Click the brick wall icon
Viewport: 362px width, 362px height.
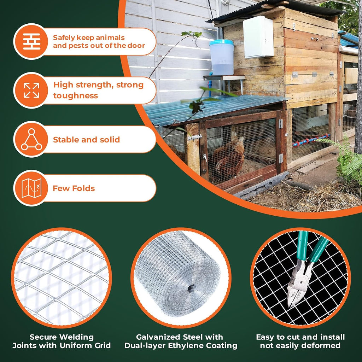[31, 42]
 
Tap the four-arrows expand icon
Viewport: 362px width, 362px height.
[31, 90]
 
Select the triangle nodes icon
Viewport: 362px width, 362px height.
[31, 139]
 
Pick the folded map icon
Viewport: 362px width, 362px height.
[31, 188]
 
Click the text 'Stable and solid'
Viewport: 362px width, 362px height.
[86, 140]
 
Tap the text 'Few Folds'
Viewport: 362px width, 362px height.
[74, 188]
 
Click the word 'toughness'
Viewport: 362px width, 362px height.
[76, 95]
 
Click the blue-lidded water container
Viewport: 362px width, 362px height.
[222, 57]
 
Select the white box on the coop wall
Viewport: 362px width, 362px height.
[258, 37]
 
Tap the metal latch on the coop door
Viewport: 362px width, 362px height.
[195, 138]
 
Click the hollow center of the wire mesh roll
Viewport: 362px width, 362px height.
[191, 288]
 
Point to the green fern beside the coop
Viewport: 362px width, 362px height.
[344, 159]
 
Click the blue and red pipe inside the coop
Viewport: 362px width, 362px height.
[311, 140]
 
